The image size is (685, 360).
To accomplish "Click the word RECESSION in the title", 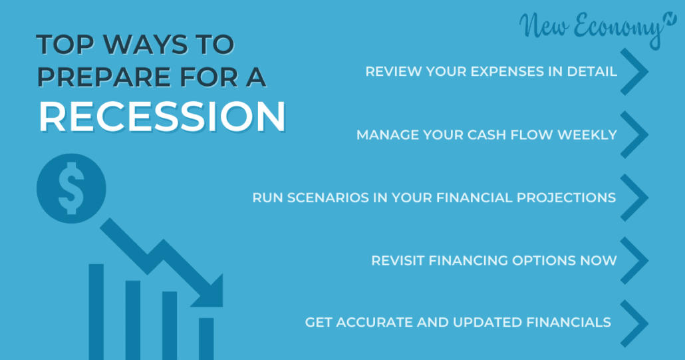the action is (x=162, y=116).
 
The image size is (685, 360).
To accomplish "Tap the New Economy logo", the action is (x=597, y=27).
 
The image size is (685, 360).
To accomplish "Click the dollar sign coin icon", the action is (x=71, y=188).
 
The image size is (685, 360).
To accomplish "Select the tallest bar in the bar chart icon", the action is (x=96, y=311).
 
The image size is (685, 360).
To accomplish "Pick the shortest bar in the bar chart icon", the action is (x=206, y=339).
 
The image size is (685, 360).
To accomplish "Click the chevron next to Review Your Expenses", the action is (x=634, y=72).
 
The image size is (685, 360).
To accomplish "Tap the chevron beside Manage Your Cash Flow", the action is (x=634, y=134).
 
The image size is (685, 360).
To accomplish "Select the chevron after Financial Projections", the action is (x=634, y=198).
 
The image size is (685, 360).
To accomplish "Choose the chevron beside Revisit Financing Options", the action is (x=634, y=260).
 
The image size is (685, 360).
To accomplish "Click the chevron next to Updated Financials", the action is (x=634, y=323).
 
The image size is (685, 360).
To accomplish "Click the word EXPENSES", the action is (x=507, y=72).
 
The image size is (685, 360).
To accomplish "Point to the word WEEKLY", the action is (x=587, y=134).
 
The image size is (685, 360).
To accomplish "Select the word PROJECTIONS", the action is (x=566, y=198).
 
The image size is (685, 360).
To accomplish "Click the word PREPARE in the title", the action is (x=104, y=77).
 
